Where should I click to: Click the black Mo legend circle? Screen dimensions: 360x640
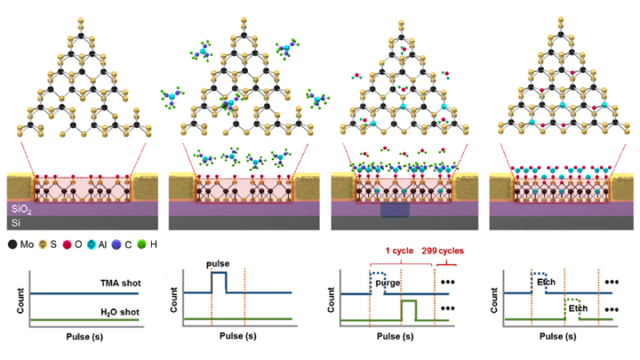tap(11, 242)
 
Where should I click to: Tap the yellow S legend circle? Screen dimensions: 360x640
tap(45, 242)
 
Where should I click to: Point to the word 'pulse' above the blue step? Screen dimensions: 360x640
tap(218, 265)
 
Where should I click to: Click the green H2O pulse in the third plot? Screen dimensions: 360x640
tap(408, 310)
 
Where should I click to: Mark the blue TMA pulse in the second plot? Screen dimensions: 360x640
tap(218, 283)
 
